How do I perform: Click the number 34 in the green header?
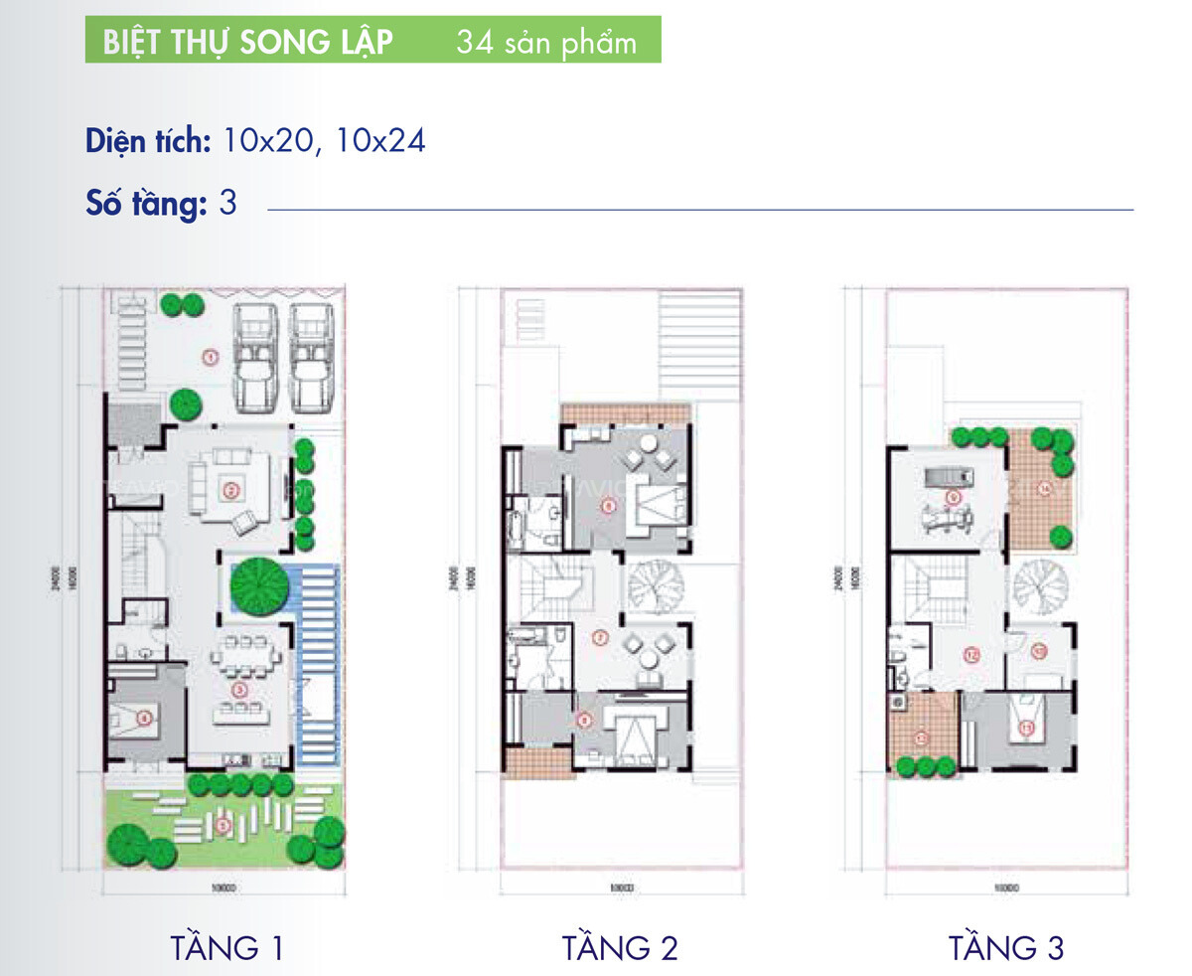point(477,44)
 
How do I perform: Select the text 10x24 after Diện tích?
point(380,141)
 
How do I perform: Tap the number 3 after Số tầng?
point(227,203)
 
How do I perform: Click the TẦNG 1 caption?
point(227,947)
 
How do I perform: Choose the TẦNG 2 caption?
point(620,947)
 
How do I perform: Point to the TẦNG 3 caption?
point(1006,947)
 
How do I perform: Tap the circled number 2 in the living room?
point(230,489)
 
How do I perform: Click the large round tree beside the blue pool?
point(258,587)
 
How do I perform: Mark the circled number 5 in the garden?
point(223,823)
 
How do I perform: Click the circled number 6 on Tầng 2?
point(609,505)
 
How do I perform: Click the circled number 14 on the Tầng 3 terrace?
point(1044,488)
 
